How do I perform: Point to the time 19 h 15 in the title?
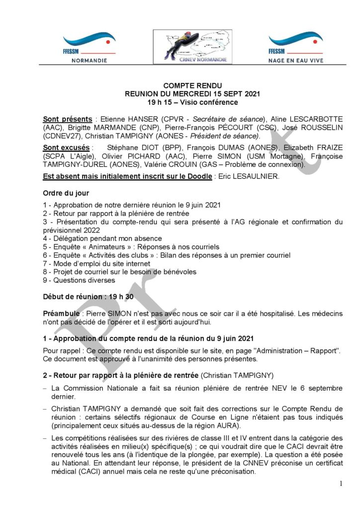[160, 102]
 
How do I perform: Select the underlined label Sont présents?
[67, 119]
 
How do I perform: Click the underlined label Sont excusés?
[66, 148]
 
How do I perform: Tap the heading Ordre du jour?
[66, 193]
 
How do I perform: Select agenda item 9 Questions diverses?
[79, 280]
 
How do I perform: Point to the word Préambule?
[62, 314]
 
